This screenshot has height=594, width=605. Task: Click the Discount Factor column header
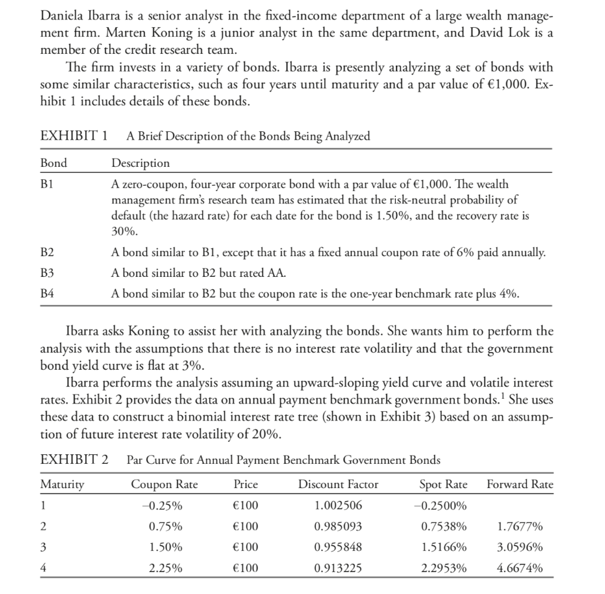(x=338, y=485)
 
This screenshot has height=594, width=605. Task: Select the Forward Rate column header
(x=520, y=485)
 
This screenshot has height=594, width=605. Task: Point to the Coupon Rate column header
(x=164, y=485)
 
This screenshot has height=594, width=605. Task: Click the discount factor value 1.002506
(x=338, y=506)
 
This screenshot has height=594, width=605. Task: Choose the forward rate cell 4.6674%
(x=520, y=569)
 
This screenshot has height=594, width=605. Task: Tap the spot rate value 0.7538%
(x=443, y=527)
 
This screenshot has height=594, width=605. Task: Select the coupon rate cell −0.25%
(x=164, y=506)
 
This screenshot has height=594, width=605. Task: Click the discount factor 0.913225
(x=338, y=569)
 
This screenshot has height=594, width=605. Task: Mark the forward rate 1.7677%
(x=520, y=527)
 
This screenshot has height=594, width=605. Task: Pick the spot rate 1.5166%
(x=443, y=548)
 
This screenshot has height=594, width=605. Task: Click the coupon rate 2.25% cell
(x=165, y=569)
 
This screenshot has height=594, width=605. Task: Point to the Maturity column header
(x=62, y=485)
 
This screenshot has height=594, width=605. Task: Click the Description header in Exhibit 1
(x=141, y=163)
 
